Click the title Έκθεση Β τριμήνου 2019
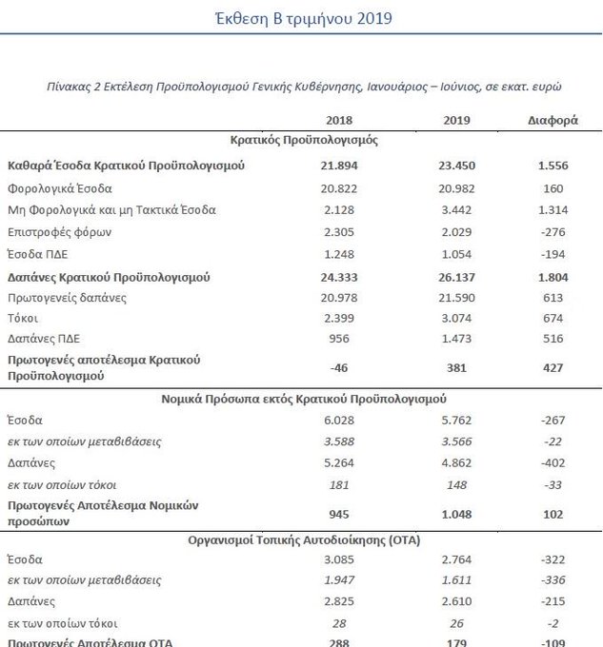coord(301,18)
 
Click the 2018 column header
coord(340,121)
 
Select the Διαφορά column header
coord(552,121)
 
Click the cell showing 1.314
coord(552,209)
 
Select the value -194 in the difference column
coord(552,254)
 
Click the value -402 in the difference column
coord(552,463)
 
